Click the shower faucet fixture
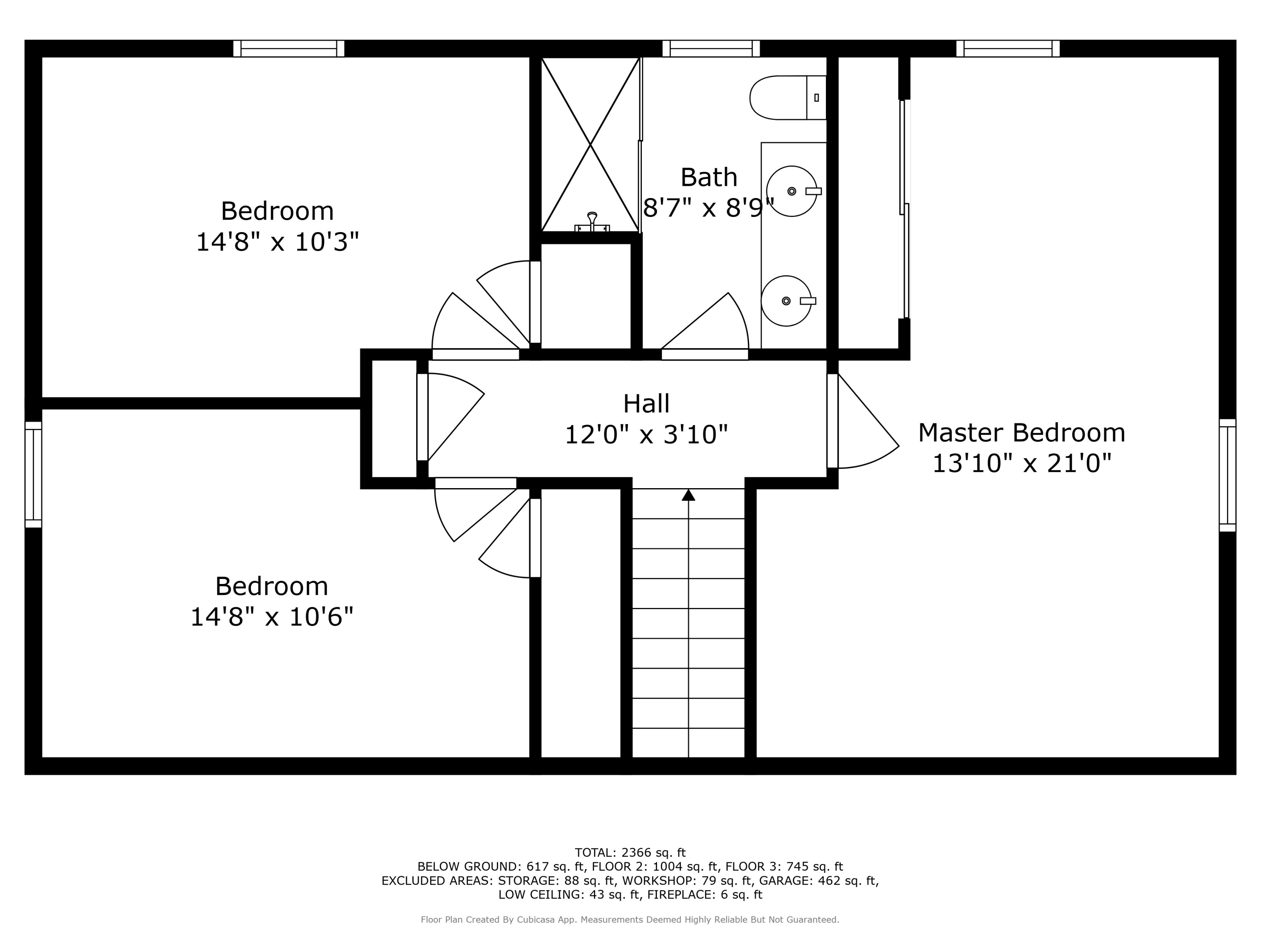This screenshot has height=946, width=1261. click(592, 222)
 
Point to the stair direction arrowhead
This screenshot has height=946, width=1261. click(689, 495)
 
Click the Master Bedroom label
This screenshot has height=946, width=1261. click(1021, 433)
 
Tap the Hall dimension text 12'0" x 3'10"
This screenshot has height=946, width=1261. click(646, 435)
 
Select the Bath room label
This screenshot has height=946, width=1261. click(709, 178)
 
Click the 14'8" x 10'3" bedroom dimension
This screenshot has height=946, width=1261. click(277, 242)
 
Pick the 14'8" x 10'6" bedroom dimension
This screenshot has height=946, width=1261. click(272, 617)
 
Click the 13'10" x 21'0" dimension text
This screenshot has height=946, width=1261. click(1021, 463)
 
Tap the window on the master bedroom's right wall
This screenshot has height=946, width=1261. click(1227, 475)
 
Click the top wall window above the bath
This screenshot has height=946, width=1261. click(711, 48)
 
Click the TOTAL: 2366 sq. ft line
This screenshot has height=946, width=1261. click(630, 853)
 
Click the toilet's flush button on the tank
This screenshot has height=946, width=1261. click(816, 98)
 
